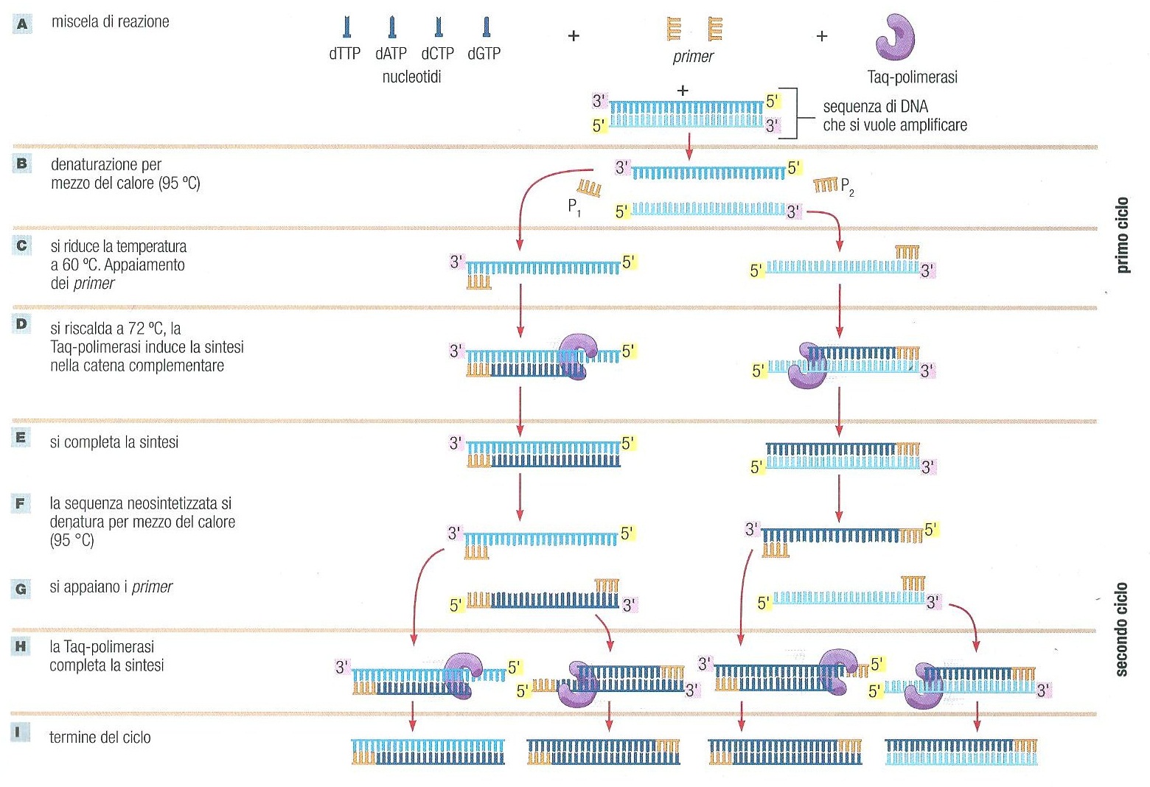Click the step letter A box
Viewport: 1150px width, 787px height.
coord(22,24)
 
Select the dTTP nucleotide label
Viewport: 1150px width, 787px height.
coord(344,54)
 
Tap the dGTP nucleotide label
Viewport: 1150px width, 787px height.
coord(484,54)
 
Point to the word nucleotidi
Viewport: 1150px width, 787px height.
coord(411,77)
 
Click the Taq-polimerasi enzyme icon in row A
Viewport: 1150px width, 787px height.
coord(895,37)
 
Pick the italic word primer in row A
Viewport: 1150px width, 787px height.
coord(693,57)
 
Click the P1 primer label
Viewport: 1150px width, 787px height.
coord(574,208)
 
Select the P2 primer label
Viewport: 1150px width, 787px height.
coord(847,186)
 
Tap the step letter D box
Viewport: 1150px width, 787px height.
coord(21,324)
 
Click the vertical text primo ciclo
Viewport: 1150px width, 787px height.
coord(1122,235)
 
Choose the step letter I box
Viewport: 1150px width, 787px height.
coord(21,732)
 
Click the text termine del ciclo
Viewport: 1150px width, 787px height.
coord(100,737)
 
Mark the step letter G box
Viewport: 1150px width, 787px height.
coord(21,589)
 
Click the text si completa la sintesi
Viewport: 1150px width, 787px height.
coord(114,442)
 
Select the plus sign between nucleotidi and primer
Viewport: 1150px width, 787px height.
coord(574,35)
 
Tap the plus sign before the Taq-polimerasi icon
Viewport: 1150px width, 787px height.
coord(822,35)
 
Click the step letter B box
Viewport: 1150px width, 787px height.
coord(21,164)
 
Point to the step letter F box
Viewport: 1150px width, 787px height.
coord(21,504)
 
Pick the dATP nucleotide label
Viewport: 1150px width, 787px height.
coord(391,54)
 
